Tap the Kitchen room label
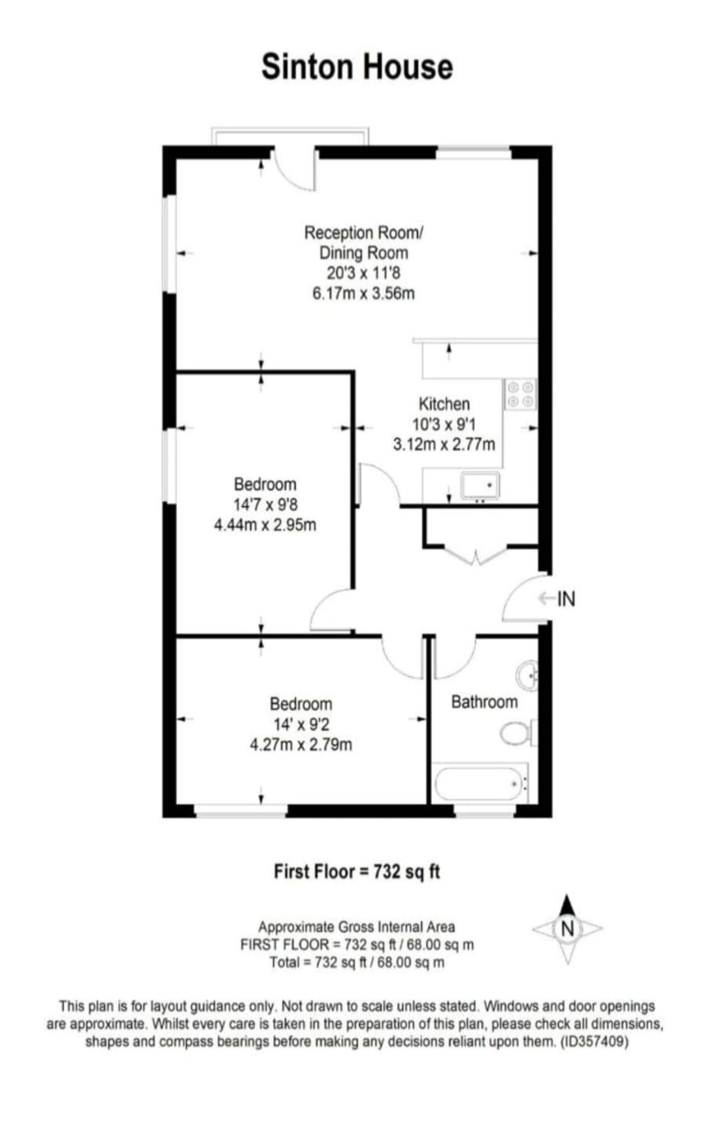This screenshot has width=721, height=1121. click(x=444, y=404)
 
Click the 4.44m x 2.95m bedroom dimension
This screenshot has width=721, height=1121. click(x=265, y=525)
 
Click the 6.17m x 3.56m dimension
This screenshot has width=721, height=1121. click(x=363, y=294)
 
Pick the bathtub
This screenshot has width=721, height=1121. click(x=480, y=783)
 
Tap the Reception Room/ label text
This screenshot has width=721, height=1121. click(x=363, y=233)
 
